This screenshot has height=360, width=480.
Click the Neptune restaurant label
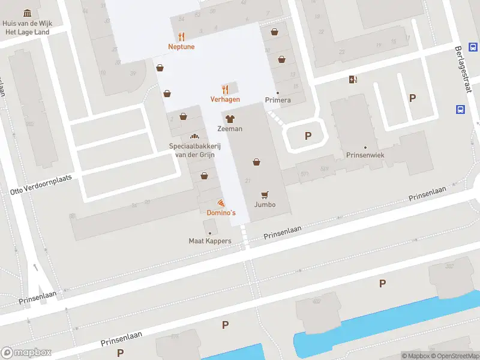[181, 47]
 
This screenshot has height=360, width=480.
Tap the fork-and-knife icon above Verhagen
[226, 89]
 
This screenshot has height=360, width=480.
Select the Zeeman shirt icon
[230, 119]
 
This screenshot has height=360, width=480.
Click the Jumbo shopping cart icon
[265, 194]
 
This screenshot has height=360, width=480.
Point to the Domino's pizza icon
[221, 203]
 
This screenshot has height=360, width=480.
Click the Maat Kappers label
[209, 242]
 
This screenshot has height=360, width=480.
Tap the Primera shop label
[278, 100]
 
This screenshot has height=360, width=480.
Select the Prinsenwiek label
[365, 155]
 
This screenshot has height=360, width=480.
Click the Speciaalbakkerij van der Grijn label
[194, 150]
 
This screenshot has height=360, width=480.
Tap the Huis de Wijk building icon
[27, 13]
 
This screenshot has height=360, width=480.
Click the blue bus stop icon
[460, 110]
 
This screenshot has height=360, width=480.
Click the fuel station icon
[353, 79]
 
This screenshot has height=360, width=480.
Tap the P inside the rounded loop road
[308, 136]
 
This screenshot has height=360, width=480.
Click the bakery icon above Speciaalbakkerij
[194, 137]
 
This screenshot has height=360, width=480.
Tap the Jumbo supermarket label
[265, 205]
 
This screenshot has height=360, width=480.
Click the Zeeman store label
[230, 129]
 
